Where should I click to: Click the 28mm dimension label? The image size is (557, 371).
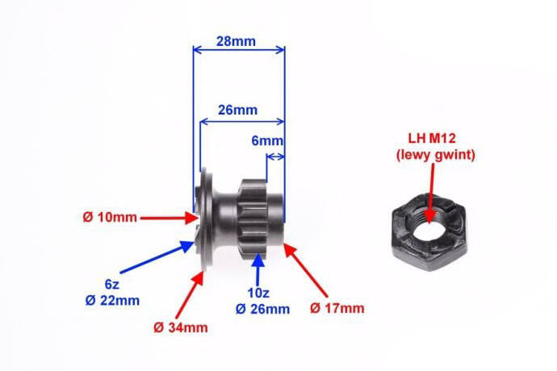click(236, 41)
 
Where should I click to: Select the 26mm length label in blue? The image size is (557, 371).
click(237, 110)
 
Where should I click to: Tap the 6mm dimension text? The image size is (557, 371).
click(267, 141)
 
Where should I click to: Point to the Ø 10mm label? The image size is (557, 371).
click(110, 217)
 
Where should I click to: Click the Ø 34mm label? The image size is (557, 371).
click(181, 327)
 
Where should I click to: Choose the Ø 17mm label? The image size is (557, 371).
click(337, 308)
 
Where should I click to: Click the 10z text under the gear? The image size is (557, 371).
click(258, 294)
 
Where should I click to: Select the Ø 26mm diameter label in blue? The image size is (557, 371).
click(262, 309)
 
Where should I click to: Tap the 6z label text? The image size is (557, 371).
click(112, 285)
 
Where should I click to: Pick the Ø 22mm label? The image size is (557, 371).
click(112, 301)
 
